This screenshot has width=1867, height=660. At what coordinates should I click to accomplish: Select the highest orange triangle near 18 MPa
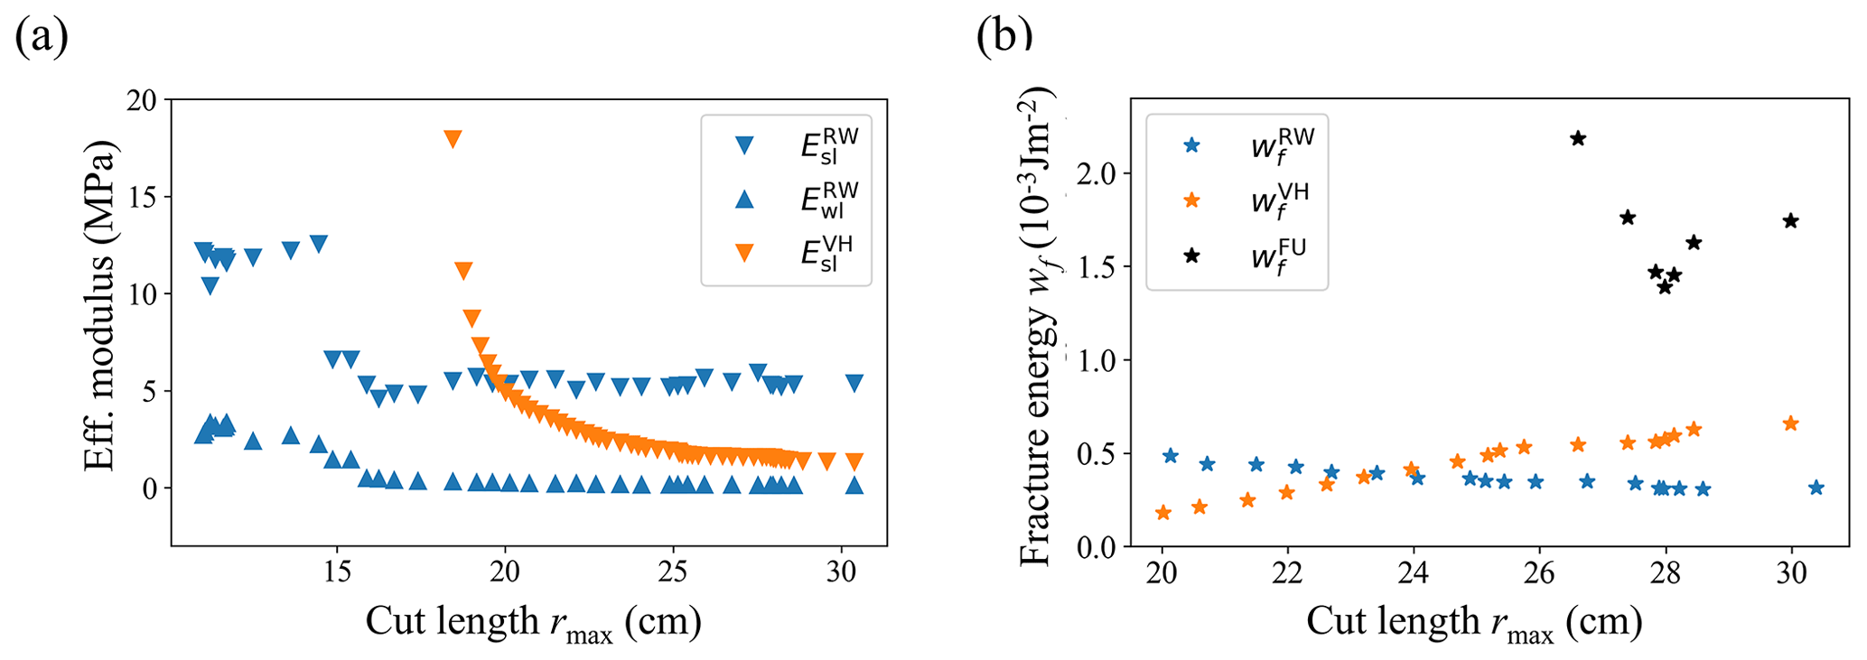click(453, 139)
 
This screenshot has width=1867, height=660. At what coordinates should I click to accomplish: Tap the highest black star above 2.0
click(1578, 138)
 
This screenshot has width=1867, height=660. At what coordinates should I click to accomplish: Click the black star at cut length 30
click(1791, 220)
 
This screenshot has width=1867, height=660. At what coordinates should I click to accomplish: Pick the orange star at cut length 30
click(1791, 423)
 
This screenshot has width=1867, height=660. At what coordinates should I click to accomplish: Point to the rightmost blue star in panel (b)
click(1816, 488)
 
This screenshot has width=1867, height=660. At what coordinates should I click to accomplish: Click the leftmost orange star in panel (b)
click(1163, 513)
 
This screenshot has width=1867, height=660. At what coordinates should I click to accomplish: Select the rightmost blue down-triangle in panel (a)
click(854, 383)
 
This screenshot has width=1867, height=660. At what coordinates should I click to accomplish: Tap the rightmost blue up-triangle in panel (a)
click(854, 485)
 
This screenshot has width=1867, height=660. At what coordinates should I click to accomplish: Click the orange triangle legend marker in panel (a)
click(744, 254)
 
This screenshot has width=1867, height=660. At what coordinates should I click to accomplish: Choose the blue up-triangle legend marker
click(744, 199)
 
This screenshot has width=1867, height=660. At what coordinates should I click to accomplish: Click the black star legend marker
click(1192, 256)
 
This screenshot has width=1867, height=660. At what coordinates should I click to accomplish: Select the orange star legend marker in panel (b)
click(1192, 200)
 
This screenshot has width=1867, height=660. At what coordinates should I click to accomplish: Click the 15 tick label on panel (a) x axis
click(337, 572)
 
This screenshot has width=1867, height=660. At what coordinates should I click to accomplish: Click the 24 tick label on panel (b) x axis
click(1414, 572)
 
